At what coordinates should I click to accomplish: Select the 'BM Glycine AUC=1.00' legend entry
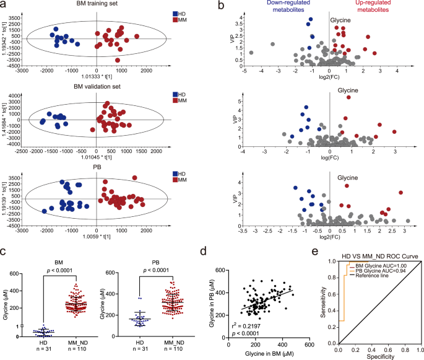[x=378, y=248]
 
